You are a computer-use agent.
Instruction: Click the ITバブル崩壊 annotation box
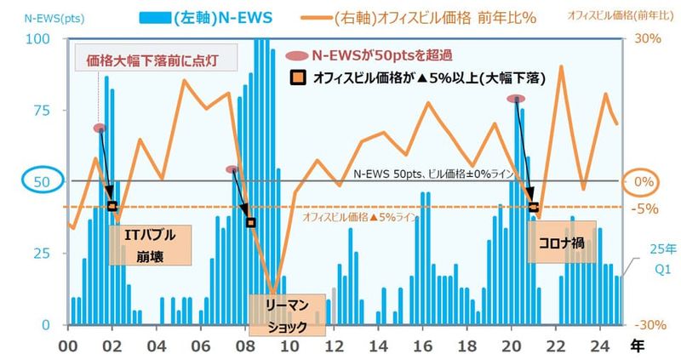(x=150, y=245)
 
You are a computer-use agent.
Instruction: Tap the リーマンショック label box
(x=287, y=315)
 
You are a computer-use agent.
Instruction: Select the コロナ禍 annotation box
(x=562, y=242)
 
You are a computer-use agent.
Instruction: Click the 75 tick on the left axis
(x=42, y=111)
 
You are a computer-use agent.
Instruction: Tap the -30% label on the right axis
(x=650, y=325)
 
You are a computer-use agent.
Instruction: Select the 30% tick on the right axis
(x=647, y=38)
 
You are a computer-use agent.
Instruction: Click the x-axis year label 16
(x=422, y=346)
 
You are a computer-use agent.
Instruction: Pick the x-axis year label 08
(x=245, y=346)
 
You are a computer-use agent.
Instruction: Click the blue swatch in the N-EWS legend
(x=155, y=18)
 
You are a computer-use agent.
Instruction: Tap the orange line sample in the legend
(x=316, y=18)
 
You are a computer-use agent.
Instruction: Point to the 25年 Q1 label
(x=663, y=260)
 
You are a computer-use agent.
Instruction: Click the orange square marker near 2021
(x=534, y=207)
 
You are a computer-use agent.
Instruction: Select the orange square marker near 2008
(x=250, y=223)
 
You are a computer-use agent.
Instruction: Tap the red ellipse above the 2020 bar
(x=516, y=99)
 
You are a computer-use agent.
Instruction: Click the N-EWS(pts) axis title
(x=54, y=19)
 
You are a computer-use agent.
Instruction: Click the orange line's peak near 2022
(x=562, y=66)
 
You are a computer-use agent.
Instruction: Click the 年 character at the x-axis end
(x=637, y=346)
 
